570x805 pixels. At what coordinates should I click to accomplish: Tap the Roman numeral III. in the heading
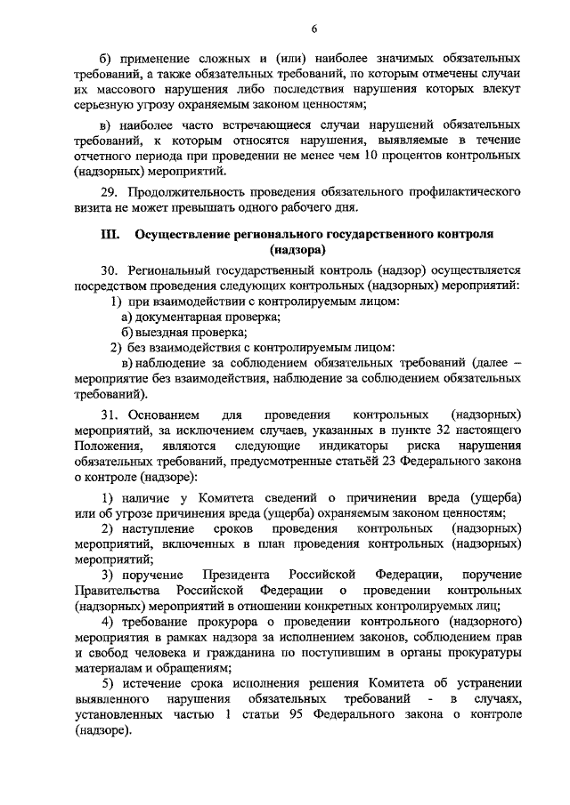pos(110,235)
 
